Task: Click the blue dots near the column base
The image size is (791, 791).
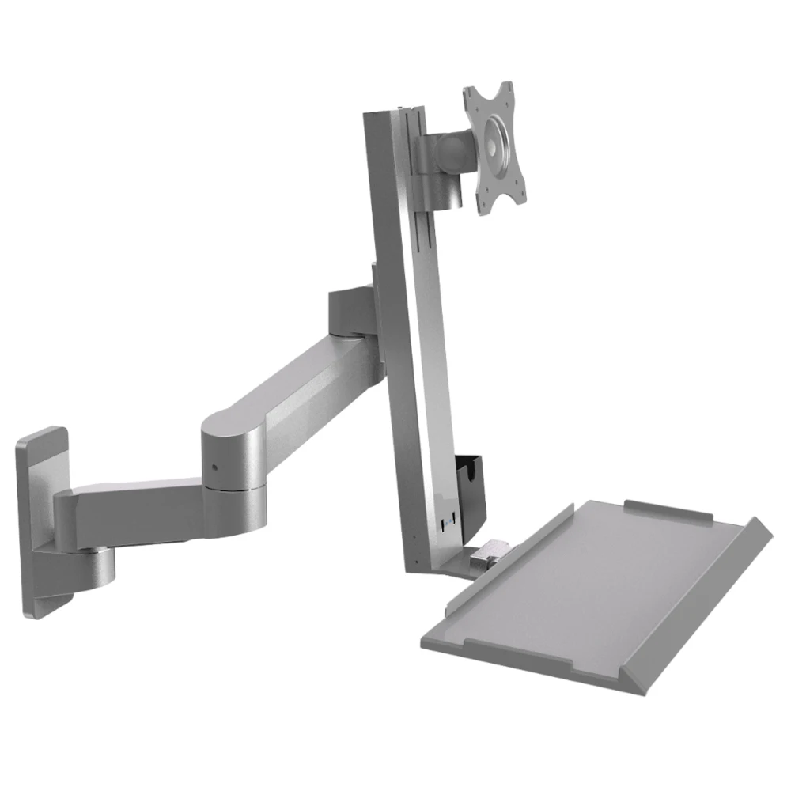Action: [x=448, y=520]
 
